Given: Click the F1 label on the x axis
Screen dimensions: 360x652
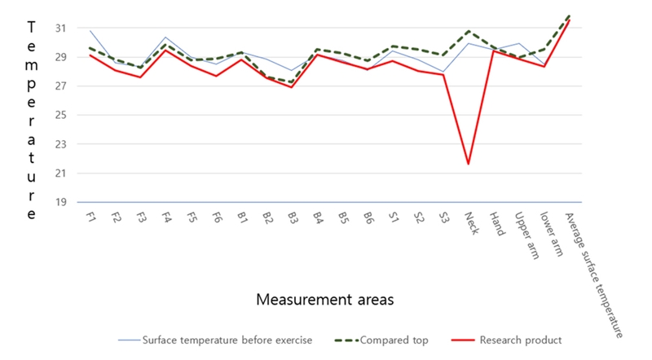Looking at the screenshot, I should (90, 217).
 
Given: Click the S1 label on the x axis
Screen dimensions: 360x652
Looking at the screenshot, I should (394, 217).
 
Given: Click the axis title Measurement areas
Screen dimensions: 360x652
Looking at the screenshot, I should (325, 300).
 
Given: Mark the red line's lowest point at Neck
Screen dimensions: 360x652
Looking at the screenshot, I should (469, 164).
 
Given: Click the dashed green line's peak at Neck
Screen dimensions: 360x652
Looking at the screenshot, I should (469, 31).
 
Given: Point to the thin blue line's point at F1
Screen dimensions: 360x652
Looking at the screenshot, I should (90, 31).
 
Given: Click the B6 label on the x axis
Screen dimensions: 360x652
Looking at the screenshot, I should (368, 217).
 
